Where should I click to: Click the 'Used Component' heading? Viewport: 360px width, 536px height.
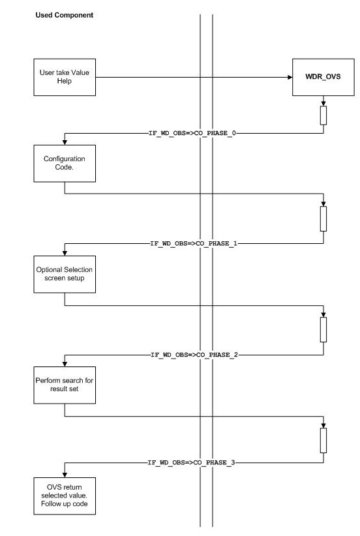coord(64,14)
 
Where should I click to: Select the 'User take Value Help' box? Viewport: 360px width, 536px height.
coord(64,76)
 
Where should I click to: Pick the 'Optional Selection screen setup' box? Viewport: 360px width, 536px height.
coord(64,274)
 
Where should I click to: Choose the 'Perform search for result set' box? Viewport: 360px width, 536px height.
coord(64,384)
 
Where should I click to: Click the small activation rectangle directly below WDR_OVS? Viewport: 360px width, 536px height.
coord(323,115)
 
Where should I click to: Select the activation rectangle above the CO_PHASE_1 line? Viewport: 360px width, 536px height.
coord(323,219)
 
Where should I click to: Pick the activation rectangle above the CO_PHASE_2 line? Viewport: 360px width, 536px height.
coord(323,329)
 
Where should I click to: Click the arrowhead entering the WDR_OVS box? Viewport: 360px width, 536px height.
coord(288,76)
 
